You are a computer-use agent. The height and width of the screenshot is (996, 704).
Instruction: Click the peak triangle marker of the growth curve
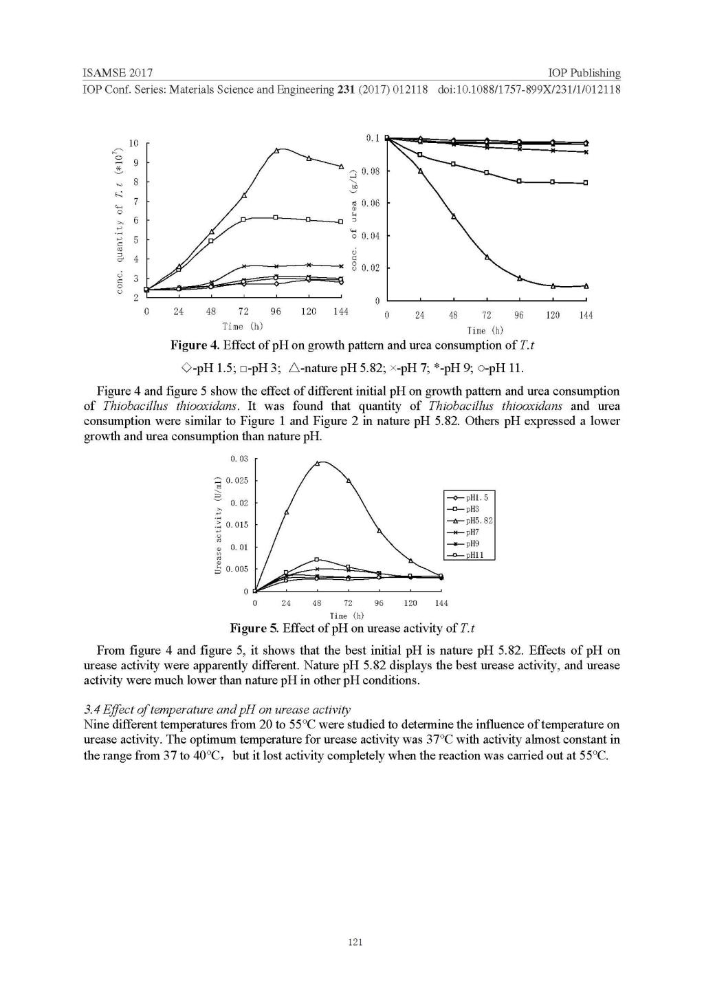[x=276, y=150]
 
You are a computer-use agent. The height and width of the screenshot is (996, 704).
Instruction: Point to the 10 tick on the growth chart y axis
[x=133, y=143]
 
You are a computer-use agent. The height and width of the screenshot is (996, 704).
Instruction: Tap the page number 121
[x=355, y=942]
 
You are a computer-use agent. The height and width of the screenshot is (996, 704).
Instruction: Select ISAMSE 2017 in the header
[x=117, y=73]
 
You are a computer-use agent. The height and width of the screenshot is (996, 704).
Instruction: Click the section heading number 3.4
[x=91, y=709]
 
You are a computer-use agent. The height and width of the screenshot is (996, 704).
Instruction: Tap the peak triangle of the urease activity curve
[x=317, y=463]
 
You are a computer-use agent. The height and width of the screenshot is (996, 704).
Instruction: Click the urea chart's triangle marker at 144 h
[x=586, y=285]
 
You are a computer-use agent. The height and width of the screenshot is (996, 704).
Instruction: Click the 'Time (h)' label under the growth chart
[x=242, y=326]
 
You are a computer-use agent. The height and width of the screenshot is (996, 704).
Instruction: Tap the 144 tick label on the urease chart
[x=441, y=603]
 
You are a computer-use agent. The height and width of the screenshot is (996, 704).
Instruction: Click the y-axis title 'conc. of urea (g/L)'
[x=354, y=219]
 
